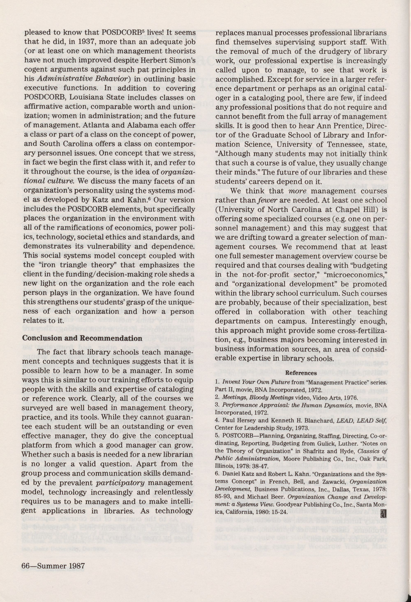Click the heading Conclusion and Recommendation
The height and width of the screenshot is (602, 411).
pyautogui.click(x=82, y=338)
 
